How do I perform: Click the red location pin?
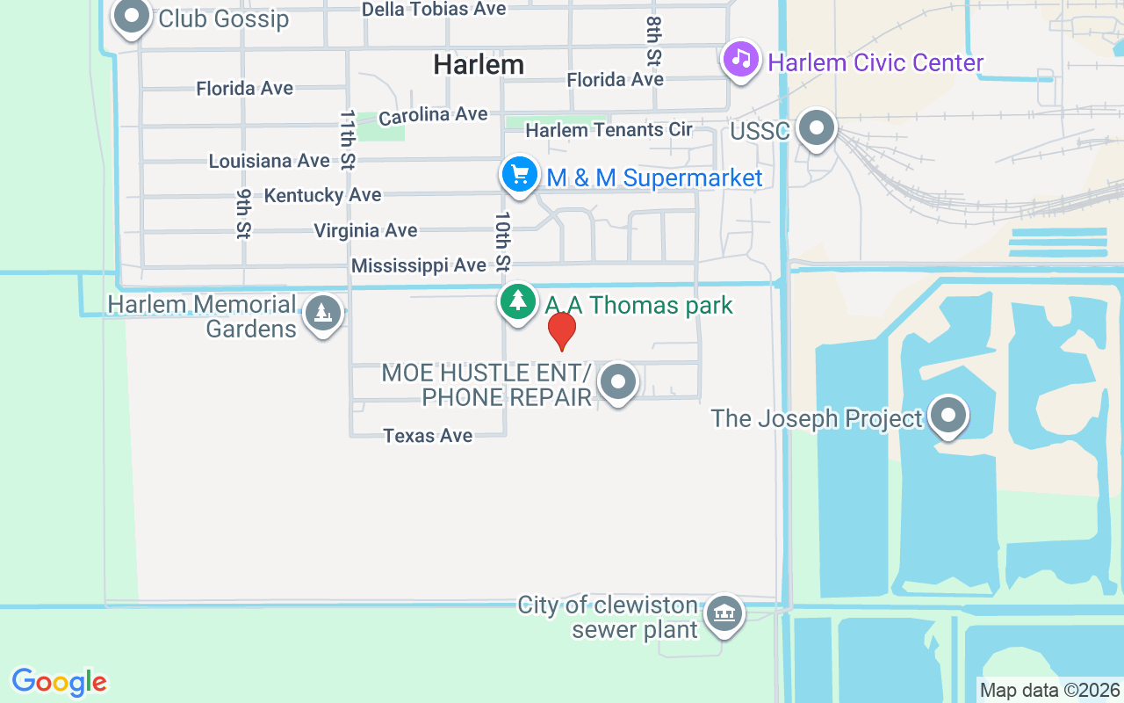point(561,331)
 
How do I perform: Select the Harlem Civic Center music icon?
point(741,60)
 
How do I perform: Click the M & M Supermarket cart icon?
point(519,175)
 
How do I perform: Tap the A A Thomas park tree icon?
point(518,302)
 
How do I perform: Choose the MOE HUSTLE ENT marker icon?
point(618,382)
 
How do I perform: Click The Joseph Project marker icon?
point(948,416)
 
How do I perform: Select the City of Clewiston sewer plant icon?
point(724,612)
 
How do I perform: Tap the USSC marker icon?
point(818,128)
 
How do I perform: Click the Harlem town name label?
point(479,64)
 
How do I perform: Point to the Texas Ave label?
point(428,436)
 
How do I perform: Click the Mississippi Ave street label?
point(419,265)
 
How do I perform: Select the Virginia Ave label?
point(366,231)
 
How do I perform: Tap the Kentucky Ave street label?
point(323,195)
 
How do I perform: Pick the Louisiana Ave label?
point(269,162)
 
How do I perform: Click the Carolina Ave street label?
point(433,115)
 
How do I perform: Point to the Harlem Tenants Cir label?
point(609,130)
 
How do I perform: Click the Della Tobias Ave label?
point(434,9)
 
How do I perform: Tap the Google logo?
point(60,682)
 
